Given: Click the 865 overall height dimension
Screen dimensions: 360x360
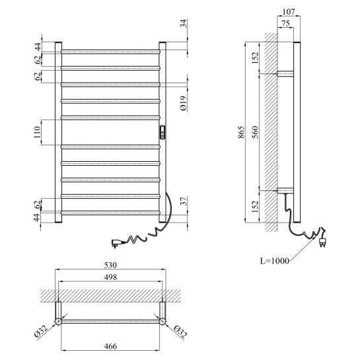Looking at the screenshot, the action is click(x=241, y=132).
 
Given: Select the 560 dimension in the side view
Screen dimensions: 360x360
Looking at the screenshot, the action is click(x=255, y=132).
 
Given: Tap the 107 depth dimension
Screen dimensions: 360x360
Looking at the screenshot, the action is click(x=289, y=12).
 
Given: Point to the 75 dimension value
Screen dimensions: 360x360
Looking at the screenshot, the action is click(x=285, y=23).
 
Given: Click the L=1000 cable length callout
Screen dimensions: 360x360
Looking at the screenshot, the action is click(x=275, y=261).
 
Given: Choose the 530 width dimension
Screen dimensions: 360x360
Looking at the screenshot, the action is click(x=110, y=265).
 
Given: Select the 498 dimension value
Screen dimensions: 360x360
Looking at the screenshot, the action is click(x=110, y=277).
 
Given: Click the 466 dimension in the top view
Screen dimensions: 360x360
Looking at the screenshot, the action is click(x=110, y=346).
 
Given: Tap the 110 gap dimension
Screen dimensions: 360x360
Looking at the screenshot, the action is click(x=37, y=132).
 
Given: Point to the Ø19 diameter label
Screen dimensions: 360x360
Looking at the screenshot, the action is click(x=183, y=104).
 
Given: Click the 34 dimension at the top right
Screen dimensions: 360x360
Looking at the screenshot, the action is click(x=184, y=23).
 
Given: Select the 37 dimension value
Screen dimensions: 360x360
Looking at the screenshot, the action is click(x=184, y=201).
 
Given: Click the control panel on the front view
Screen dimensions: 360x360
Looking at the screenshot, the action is click(x=162, y=132).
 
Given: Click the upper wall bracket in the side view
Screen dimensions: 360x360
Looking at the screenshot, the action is click(x=285, y=74).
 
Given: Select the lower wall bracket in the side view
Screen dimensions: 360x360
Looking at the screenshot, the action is click(x=285, y=190).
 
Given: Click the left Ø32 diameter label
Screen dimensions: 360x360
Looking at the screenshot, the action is click(x=41, y=332).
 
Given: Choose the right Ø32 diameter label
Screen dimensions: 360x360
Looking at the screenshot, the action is click(x=180, y=332).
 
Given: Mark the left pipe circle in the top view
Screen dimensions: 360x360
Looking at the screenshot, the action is click(x=58, y=321).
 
